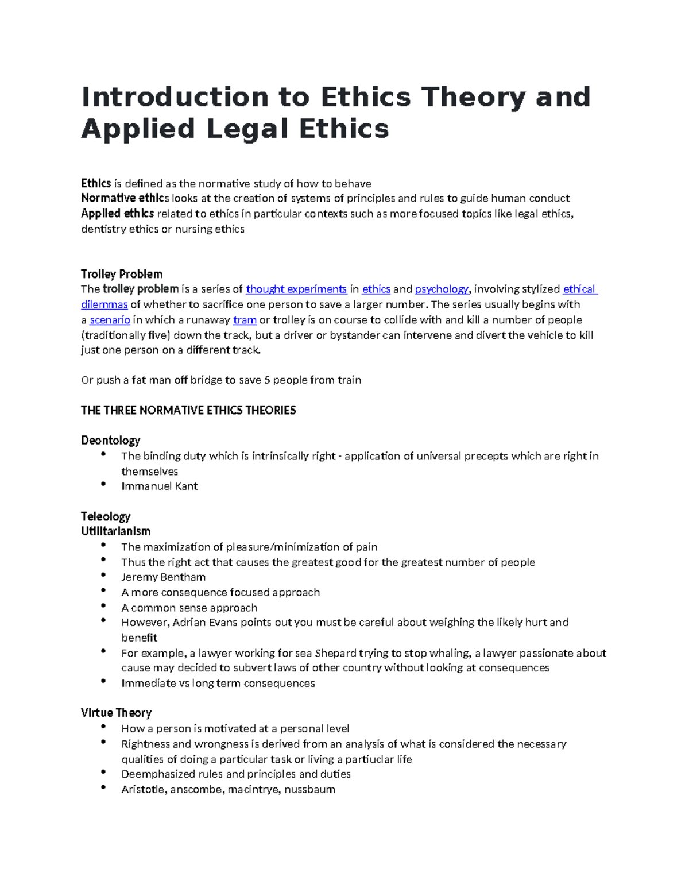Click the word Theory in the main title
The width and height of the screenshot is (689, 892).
pos(473,97)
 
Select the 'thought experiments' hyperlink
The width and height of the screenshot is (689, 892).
pos(296,289)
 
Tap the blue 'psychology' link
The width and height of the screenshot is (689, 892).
pos(442,289)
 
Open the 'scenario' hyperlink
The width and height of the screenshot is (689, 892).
pos(110,320)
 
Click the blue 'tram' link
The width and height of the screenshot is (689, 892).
pos(245,320)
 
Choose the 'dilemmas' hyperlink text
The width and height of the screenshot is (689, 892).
pos(104,304)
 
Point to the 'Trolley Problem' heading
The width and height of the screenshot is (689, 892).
pos(122,274)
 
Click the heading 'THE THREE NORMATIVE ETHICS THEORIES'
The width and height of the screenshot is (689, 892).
pos(188,410)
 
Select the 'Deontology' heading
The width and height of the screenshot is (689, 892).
pos(111,441)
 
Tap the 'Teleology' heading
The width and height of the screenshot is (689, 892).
pos(106,516)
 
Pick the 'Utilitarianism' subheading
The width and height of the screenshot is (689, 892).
pos(115,531)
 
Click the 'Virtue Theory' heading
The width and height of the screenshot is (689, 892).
pos(116,713)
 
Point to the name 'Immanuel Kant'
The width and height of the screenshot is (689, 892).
pos(160,486)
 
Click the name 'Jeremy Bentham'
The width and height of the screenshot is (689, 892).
pos(164,577)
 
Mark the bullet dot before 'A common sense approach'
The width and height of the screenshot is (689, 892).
pos(103,605)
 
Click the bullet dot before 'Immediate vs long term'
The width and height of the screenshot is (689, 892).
pos(103,681)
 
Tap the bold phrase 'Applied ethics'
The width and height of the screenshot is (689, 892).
pos(118,214)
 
